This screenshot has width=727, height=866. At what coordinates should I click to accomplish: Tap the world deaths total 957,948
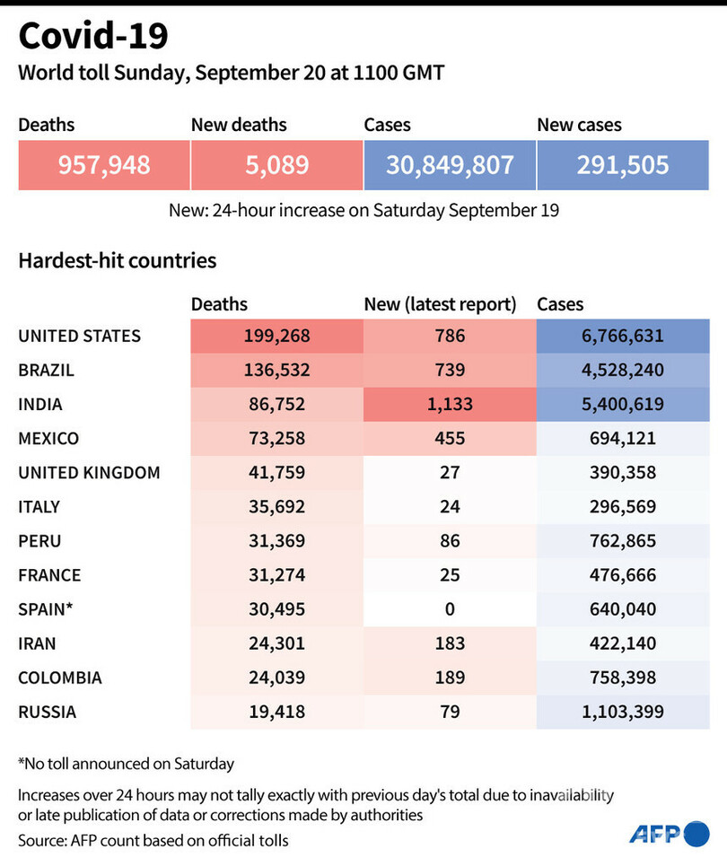click(x=104, y=165)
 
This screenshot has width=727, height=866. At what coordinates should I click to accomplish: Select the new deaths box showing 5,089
click(x=276, y=165)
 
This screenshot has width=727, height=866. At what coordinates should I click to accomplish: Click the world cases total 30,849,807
click(x=450, y=165)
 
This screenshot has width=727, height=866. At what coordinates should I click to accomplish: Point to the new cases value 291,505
click(x=623, y=165)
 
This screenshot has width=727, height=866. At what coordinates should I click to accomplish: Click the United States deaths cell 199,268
click(x=276, y=337)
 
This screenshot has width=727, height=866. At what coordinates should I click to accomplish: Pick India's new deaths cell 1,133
click(x=450, y=405)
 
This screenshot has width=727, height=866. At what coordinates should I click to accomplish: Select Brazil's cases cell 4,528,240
click(x=623, y=371)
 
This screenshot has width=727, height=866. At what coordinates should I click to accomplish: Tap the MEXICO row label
click(x=48, y=439)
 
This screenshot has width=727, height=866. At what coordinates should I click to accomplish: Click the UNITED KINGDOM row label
click(x=89, y=473)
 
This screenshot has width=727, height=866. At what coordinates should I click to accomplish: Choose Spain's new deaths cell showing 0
click(x=450, y=609)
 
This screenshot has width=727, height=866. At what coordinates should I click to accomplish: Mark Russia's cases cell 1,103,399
click(x=623, y=712)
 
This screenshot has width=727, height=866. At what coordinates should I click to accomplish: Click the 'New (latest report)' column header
click(x=440, y=305)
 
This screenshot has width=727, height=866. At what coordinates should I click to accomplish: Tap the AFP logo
click(x=669, y=834)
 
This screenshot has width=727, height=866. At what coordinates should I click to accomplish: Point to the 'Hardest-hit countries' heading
click(x=118, y=261)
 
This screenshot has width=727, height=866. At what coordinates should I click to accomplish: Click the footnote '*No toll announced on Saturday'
click(x=126, y=765)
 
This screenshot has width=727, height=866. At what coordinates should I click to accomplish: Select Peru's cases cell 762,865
click(x=623, y=541)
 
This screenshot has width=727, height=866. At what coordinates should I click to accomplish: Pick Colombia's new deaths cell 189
click(x=450, y=678)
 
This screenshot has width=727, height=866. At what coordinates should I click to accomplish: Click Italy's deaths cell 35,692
click(x=276, y=507)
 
